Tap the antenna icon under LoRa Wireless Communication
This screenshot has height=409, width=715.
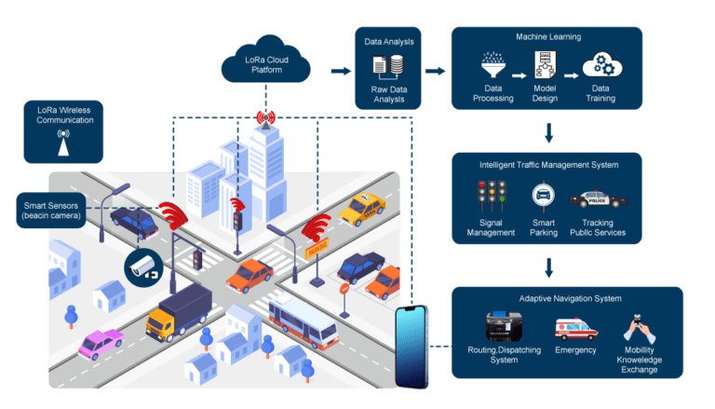(x=63, y=143)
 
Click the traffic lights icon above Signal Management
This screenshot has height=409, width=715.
(x=491, y=198)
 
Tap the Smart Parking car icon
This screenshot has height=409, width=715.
(x=543, y=198)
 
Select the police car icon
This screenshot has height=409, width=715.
(x=597, y=198)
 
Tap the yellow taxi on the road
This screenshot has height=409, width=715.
(x=361, y=209)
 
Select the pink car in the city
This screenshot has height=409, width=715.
(x=101, y=344)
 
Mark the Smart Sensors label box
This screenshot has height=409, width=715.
(x=51, y=210)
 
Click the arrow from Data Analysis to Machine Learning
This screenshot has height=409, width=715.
(x=435, y=70)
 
